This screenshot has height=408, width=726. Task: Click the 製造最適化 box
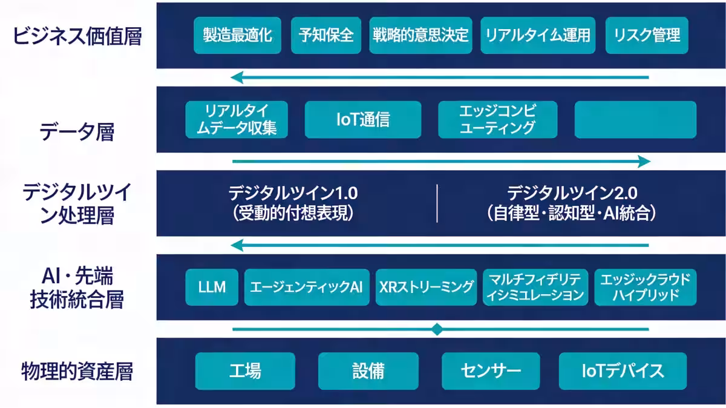238,35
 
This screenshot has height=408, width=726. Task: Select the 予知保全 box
326,35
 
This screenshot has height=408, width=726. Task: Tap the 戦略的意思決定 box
420,35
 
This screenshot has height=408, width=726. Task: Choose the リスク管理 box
647,35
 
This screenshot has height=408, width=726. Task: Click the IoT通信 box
362,119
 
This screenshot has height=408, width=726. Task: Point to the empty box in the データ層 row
635,119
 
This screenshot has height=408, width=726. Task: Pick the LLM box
212,287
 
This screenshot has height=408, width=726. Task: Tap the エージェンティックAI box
306,287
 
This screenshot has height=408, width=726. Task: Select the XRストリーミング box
427,287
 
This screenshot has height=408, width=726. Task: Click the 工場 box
245,370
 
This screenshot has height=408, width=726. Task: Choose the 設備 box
368,370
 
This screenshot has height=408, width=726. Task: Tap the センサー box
491,370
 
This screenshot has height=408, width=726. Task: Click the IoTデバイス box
623,370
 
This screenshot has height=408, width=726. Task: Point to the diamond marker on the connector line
437,329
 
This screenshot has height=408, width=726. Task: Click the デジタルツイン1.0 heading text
293,193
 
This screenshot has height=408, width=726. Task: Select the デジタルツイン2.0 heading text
572,193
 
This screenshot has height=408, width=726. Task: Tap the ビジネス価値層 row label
77,36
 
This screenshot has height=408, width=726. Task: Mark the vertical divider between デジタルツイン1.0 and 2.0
437,203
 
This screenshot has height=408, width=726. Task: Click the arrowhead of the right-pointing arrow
644,162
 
